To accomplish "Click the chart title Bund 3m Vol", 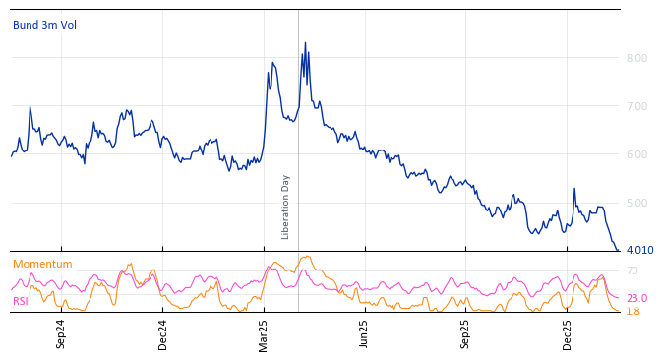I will click(44, 25).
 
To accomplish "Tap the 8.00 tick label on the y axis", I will click(636, 58).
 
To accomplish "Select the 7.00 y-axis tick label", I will click(636, 106).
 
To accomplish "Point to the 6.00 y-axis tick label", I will click(636, 154).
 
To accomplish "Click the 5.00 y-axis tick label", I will click(636, 203).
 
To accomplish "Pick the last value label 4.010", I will click(639, 251).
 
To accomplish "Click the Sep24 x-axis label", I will click(61, 333).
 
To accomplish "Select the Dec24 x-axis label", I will click(162, 333).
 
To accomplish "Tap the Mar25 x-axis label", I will click(264, 333).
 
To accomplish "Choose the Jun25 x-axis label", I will click(364, 333).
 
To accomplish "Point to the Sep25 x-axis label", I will click(465, 333).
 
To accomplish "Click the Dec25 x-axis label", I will click(567, 333).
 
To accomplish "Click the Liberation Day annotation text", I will click(286, 207).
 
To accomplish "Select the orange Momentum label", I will click(42, 264).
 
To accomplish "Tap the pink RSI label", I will click(21, 301).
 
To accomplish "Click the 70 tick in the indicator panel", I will click(633, 270).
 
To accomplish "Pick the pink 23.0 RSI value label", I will click(636, 298).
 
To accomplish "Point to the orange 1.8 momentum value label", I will click(633, 311).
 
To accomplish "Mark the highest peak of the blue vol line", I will click(305, 43).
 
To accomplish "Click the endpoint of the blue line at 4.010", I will click(618, 250).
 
